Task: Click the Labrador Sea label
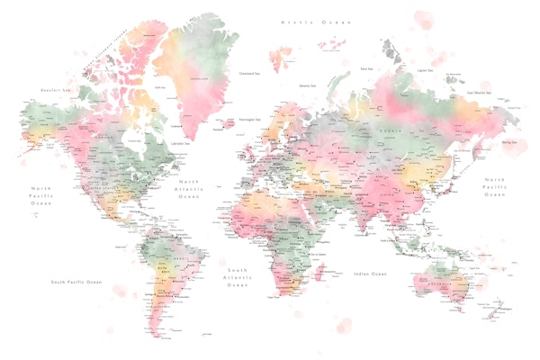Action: coord(184,143)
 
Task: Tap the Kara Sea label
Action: coord(366,68)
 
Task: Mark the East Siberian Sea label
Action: coord(478,91)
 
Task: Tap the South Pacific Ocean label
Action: coord(76,282)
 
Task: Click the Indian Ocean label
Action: coord(370,273)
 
